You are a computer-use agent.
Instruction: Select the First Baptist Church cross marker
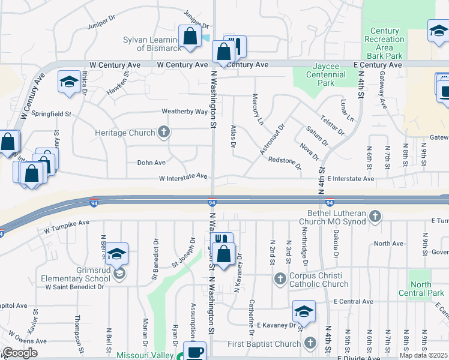(310, 344)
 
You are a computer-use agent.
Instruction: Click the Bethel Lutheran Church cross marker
(375, 216)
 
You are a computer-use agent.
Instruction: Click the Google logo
(19, 353)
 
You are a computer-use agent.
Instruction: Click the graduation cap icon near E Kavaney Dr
(304, 312)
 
